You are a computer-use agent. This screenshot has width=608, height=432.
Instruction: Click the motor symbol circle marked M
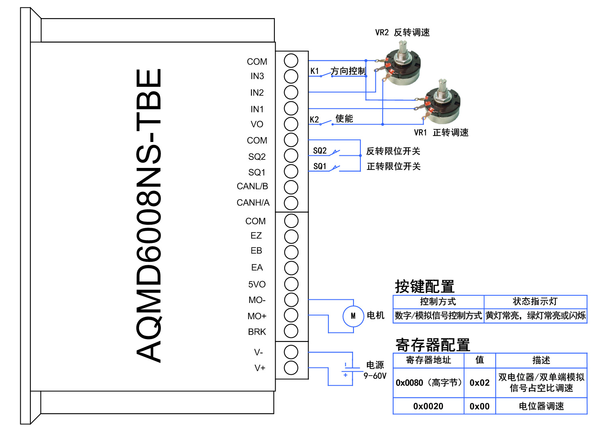pos(353,316)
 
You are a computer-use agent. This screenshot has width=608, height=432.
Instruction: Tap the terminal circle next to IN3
pos(291,76)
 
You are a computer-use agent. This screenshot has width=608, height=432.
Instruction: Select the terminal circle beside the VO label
pos(291,124)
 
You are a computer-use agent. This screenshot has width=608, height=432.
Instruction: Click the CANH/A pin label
pos(253,202)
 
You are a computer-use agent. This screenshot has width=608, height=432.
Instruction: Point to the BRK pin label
pos(257,332)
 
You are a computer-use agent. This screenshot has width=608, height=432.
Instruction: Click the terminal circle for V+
pos(291,368)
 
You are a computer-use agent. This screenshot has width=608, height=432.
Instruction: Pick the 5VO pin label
pos(257,284)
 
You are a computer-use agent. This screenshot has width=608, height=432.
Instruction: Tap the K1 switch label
pos(315,71)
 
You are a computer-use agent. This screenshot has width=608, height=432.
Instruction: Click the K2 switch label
pos(315,119)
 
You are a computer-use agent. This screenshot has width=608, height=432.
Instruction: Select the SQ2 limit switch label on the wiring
pos(320,151)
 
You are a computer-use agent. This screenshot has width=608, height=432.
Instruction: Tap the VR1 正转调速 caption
pos(441,133)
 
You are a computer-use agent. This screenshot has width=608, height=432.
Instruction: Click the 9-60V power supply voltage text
pos(375,376)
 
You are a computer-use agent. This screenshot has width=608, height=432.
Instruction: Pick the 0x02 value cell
pos(480,383)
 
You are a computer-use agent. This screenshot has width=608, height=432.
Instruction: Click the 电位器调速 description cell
pos(541,406)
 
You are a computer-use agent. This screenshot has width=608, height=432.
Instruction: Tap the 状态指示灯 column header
pos(535,301)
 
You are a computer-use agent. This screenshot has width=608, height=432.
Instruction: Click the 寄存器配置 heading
pos(432,345)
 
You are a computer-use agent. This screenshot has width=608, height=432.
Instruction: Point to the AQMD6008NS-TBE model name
pos(149,215)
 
